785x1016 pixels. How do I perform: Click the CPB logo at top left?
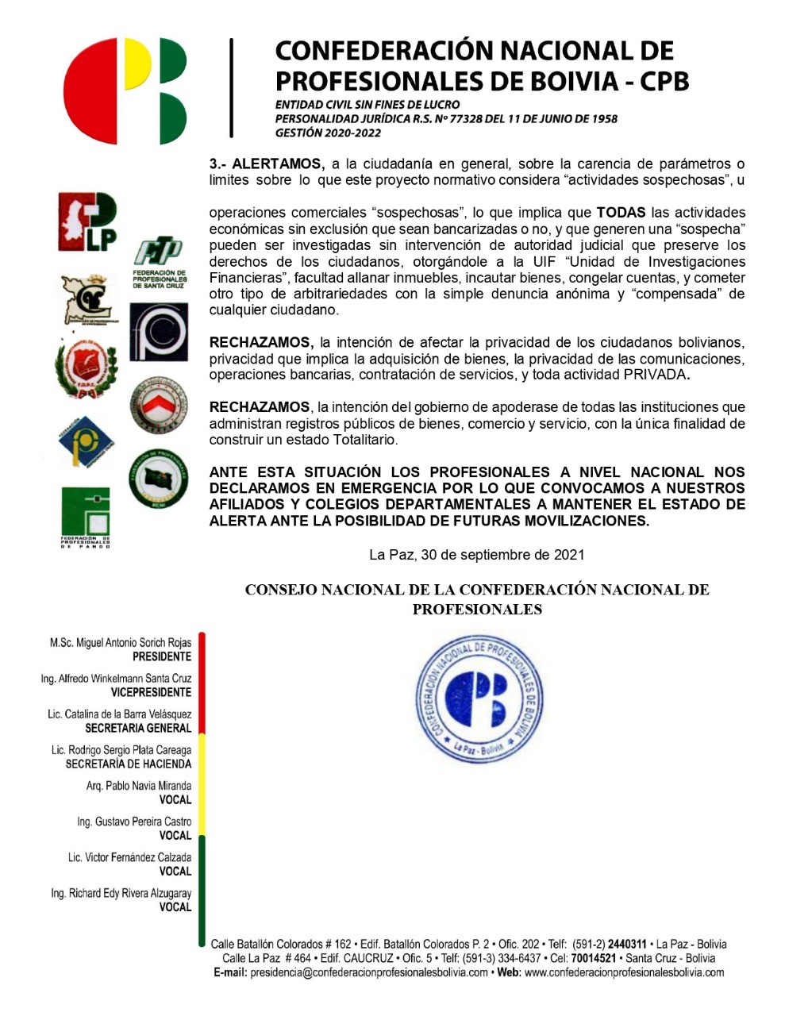point(125,90)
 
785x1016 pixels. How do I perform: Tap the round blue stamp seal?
point(479,698)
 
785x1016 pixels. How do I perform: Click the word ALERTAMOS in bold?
point(278,164)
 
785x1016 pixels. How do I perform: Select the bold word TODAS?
point(621,213)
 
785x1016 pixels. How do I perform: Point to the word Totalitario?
point(365,440)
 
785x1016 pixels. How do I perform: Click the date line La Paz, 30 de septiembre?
point(476,555)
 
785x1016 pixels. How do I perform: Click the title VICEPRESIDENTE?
point(151,692)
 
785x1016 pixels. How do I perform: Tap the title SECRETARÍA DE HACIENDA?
point(129,764)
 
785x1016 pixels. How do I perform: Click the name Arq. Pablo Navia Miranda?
point(139,786)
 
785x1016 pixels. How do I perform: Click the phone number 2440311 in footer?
point(627,945)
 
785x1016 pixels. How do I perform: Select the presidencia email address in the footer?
point(369,972)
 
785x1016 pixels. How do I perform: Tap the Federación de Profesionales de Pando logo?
point(86,517)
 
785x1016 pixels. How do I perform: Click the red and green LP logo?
point(87,222)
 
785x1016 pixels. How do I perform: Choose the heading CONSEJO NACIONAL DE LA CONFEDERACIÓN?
point(476,590)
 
